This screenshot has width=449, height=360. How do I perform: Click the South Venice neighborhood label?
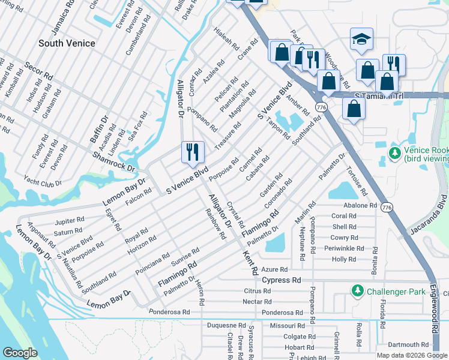[x=66, y=43]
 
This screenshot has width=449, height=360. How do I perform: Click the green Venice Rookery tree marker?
[x=394, y=154]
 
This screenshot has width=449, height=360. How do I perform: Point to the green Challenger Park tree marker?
[x=357, y=291]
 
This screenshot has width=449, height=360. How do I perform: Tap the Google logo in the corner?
[x=20, y=352]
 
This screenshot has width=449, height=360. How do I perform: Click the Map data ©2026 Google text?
[x=411, y=355]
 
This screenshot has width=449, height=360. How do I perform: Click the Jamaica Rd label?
[x=63, y=22]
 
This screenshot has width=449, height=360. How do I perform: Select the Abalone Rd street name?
[x=360, y=205]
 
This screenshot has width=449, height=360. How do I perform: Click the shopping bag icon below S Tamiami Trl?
[x=354, y=109]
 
